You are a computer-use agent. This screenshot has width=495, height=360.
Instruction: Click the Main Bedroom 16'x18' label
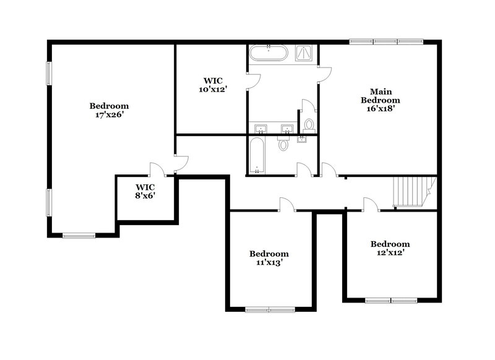[381, 100]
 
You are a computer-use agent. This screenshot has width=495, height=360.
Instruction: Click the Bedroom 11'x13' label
[269, 258]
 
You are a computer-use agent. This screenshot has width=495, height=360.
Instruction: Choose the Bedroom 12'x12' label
[390, 248]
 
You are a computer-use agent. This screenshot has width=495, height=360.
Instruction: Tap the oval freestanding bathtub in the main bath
[268, 53]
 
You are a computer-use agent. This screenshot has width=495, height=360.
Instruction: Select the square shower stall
[305, 53]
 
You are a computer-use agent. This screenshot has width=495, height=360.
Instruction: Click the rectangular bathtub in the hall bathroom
[257, 155]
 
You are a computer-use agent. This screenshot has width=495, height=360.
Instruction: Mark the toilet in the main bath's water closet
[309, 124]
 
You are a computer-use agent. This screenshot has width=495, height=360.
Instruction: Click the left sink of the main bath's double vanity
[261, 129]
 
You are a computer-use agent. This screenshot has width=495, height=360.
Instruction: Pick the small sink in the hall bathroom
[301, 139]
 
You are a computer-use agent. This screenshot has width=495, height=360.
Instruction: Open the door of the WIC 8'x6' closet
[156, 169]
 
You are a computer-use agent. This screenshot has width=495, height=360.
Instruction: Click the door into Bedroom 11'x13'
[286, 205]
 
